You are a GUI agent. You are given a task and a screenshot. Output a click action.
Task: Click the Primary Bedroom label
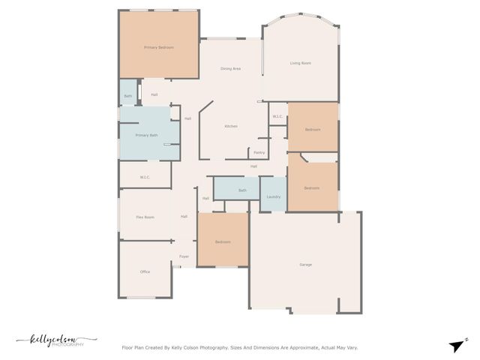158,47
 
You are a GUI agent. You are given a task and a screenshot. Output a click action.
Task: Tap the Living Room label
300,63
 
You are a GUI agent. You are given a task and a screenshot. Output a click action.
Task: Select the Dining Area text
230,68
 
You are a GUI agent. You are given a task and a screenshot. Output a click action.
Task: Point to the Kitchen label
231,126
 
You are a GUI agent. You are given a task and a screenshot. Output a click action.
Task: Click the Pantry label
259,152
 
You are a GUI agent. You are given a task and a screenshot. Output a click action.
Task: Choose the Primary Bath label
147,135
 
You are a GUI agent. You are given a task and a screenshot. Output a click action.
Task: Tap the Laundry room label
273,196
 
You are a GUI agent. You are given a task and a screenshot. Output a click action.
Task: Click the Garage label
305,264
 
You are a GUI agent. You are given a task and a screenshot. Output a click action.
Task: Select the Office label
145,271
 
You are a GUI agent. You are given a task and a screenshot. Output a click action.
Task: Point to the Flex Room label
145,217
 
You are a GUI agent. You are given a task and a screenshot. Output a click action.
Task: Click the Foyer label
184,256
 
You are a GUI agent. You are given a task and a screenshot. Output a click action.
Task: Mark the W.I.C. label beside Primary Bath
145,177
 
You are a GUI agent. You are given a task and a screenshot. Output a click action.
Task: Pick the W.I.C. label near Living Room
277,116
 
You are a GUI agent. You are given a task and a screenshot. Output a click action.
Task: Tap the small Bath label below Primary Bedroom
127,96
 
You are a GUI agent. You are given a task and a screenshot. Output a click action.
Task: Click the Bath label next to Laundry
242,190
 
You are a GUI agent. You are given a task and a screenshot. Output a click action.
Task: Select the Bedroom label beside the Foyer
223,241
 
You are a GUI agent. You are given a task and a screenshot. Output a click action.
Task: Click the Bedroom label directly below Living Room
313,130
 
